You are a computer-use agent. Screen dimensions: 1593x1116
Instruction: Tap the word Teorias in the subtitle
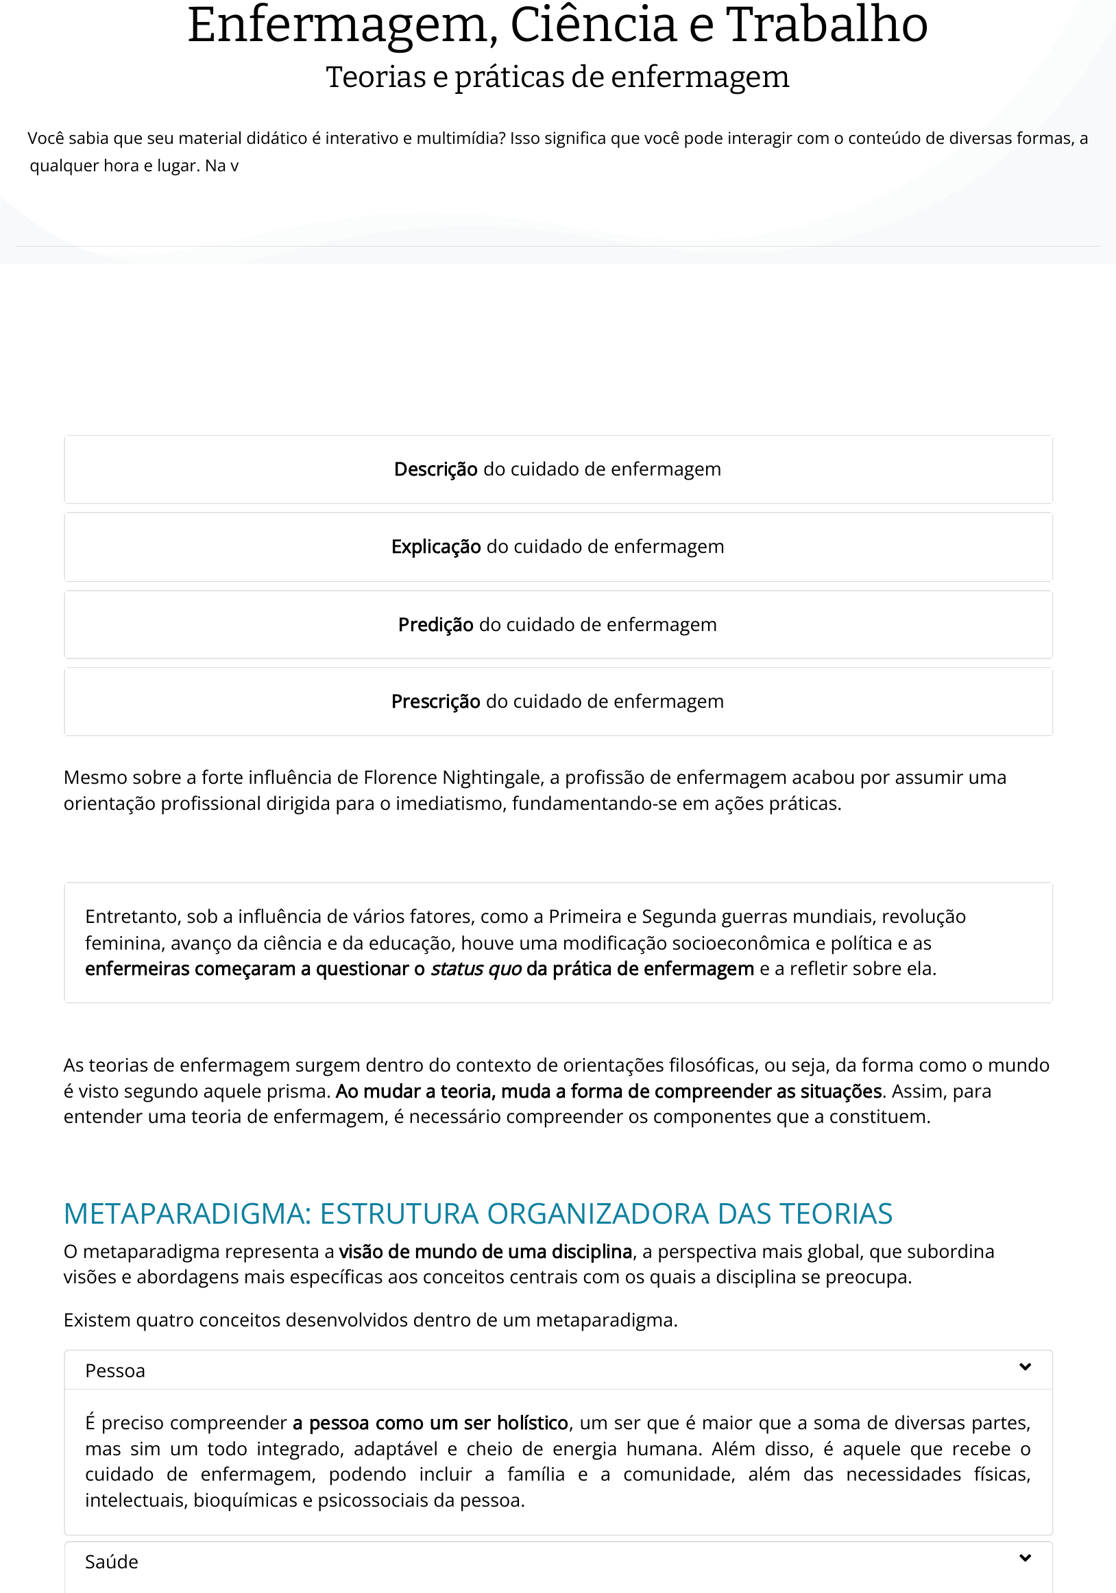tap(376, 77)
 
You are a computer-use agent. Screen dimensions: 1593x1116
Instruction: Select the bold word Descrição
tap(435, 470)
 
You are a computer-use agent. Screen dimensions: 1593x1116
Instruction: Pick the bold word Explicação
tap(436, 547)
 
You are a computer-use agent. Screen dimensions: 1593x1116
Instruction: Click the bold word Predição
tap(436, 624)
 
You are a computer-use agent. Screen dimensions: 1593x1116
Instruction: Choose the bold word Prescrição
tap(435, 702)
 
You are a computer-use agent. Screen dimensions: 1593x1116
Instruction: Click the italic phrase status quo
tap(476, 969)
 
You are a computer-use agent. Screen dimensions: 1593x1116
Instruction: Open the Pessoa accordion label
tap(115, 1371)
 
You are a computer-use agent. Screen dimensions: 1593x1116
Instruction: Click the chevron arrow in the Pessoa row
tap(1025, 1367)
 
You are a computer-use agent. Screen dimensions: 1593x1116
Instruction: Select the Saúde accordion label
tap(112, 1561)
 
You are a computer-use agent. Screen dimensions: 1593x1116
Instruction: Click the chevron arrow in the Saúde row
tap(1025, 1557)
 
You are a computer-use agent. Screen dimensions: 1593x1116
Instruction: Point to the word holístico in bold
tap(533, 1423)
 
